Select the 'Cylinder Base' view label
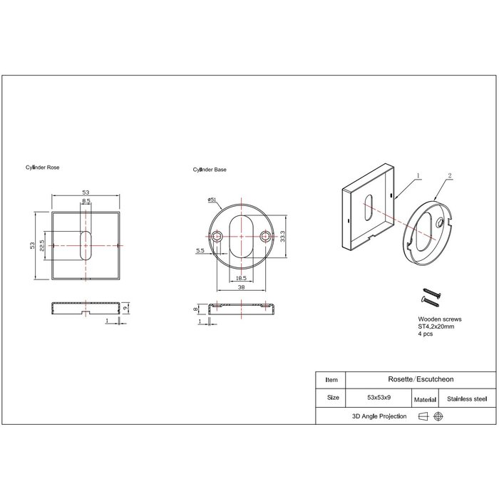coord(210,170)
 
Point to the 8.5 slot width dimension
coord(86,202)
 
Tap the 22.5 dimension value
coord(43,245)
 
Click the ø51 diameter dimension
coord(212,199)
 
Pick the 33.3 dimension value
coord(283,236)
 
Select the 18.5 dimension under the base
coord(240,277)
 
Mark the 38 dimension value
coord(242,287)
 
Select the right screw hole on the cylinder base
coord(267,237)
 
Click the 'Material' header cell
coord(425,400)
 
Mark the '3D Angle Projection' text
coord(379,416)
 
